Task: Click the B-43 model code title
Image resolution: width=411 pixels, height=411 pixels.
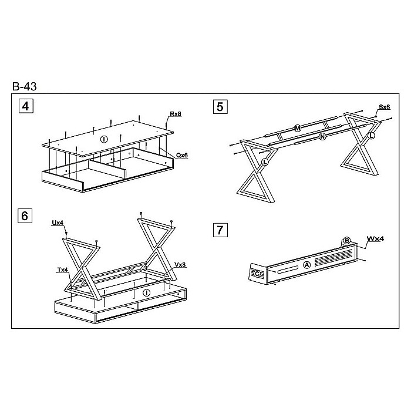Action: [25, 86]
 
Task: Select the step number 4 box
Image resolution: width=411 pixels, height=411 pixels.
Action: [26, 106]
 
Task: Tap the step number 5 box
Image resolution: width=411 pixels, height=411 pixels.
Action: [220, 107]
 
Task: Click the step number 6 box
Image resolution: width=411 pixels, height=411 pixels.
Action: [25, 215]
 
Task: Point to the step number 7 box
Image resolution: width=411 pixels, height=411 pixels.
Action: [220, 230]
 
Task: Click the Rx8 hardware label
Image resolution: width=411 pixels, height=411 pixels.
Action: [176, 114]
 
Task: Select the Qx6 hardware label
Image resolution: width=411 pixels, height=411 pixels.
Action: [182, 155]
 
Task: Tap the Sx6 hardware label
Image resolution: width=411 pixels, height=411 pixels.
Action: [384, 107]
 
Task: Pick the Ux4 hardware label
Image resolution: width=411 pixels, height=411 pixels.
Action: [58, 223]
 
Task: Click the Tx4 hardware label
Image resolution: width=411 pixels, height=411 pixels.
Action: [63, 269]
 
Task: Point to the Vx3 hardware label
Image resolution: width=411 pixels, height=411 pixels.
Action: [180, 265]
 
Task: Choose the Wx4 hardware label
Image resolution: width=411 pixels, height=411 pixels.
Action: [375, 238]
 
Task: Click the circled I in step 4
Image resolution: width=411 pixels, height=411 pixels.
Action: [104, 139]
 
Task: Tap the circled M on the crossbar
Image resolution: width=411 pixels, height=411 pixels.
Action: [298, 129]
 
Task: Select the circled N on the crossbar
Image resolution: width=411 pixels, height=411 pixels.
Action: [322, 136]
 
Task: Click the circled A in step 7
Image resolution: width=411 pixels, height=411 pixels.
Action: [306, 265]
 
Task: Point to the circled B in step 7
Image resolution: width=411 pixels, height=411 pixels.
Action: [346, 241]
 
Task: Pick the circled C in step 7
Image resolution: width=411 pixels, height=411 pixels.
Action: [257, 274]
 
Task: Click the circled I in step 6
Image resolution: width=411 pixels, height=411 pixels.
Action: [147, 292]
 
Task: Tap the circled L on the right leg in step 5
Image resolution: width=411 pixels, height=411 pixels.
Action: [371, 136]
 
